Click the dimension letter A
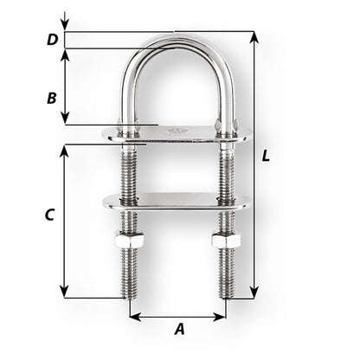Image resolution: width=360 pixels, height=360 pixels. pyautogui.click(x=179, y=329)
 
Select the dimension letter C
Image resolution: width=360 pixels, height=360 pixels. pyautogui.click(x=50, y=214)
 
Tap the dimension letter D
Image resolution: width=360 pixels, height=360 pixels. pyautogui.click(x=52, y=39)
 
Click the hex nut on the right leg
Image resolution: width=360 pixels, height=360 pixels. pyautogui.click(x=226, y=242)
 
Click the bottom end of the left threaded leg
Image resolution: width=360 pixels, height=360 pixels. pyautogui.click(x=131, y=294)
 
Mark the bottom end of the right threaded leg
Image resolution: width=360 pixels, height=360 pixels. pyautogui.click(x=226, y=294)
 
